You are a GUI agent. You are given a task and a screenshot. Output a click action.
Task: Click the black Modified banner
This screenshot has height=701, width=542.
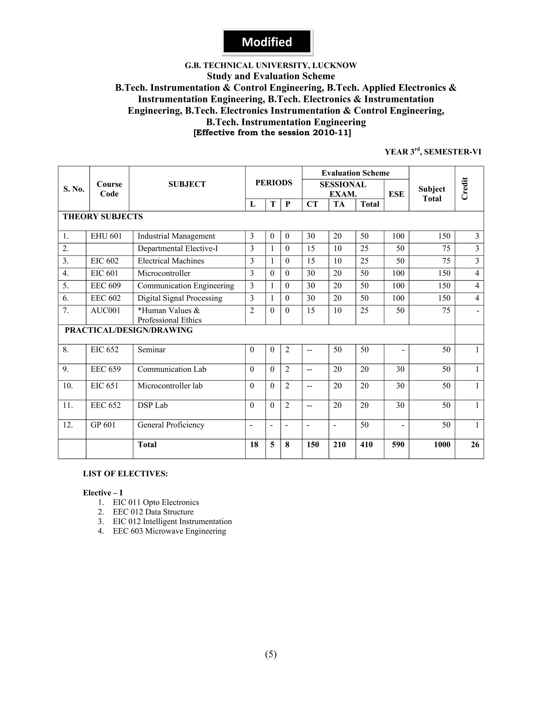(x=267, y=42)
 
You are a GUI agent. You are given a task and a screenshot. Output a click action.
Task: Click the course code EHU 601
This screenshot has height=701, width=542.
(x=106, y=236)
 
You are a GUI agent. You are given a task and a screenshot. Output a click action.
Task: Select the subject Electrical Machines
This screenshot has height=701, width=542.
(x=171, y=261)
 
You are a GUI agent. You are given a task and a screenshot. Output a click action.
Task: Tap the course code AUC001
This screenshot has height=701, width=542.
(x=105, y=311)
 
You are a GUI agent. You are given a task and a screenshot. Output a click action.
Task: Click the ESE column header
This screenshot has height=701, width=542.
(x=396, y=194)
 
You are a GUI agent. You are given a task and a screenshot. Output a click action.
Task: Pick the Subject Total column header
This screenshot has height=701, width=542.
(x=432, y=194)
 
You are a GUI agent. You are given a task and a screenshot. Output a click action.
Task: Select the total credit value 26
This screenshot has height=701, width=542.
(x=475, y=445)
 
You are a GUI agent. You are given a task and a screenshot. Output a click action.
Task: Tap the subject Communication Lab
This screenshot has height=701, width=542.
(x=172, y=370)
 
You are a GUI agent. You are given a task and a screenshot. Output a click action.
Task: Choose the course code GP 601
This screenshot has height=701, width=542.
(x=103, y=425)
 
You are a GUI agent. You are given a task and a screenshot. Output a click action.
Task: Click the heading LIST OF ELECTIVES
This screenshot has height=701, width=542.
(x=125, y=474)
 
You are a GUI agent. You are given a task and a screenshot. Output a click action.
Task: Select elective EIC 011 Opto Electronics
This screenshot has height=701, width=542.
(x=156, y=502)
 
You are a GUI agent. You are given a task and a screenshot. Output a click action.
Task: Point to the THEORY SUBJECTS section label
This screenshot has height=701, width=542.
(x=103, y=217)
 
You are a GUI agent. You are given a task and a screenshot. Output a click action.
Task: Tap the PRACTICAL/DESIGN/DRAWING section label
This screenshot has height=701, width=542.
(x=129, y=330)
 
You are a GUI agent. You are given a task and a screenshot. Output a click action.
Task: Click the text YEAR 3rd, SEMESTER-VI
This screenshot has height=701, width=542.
(x=433, y=152)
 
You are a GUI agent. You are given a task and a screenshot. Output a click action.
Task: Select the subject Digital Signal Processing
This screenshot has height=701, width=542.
(x=180, y=298)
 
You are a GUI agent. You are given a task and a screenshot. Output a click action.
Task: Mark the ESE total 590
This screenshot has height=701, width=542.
(x=398, y=445)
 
